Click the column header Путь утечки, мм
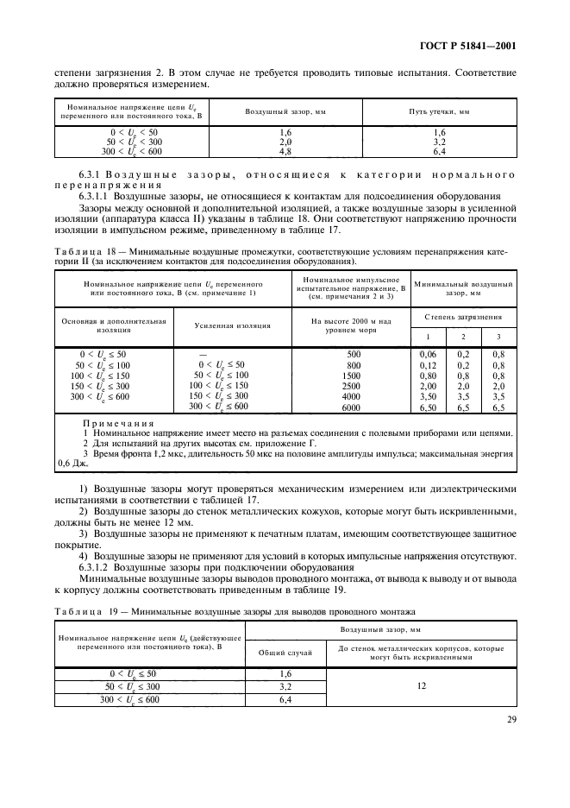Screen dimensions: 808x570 pos(438,113)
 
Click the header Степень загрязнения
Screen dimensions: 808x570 pos(461,317)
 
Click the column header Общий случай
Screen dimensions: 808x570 pos(285,653)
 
